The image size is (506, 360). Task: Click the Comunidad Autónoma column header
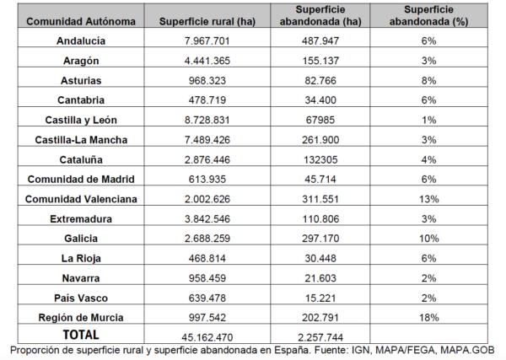[81, 22]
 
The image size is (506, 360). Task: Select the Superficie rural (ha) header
[207, 22]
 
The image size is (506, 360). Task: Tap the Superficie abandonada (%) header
[428, 15]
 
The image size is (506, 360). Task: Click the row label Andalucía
[81, 41]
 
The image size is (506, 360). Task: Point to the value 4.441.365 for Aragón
[207, 61]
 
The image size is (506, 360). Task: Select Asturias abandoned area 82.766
[320, 80]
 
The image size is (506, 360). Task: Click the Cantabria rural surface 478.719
[207, 100]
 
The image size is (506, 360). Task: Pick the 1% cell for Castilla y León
[429, 120]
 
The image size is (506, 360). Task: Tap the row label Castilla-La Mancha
[81, 140]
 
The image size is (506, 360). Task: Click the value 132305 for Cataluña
[320, 159]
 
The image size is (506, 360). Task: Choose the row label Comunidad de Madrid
[81, 179]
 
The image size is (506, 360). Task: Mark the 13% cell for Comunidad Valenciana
[429, 199]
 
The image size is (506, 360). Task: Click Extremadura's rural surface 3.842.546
[207, 219]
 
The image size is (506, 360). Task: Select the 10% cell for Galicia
[429, 239]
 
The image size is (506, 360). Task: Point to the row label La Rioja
[81, 258]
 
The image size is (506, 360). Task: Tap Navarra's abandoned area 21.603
[320, 278]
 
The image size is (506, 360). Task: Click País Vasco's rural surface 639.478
[207, 298]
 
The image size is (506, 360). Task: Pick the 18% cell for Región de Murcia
[429, 317]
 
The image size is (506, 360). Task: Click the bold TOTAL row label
[81, 335]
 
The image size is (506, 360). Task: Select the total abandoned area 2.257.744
[320, 337]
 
